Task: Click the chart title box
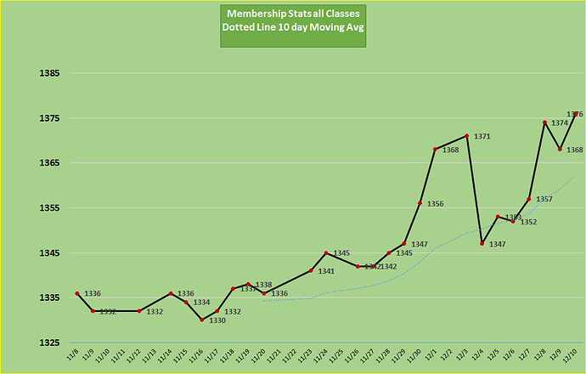click(x=293, y=25)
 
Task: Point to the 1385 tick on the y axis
click(x=48, y=73)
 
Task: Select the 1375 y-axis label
click(x=48, y=118)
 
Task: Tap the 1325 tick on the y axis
click(x=48, y=343)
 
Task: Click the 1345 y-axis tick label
click(x=48, y=253)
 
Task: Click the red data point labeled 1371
click(x=467, y=136)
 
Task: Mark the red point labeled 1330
click(x=201, y=320)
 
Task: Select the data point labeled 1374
click(x=544, y=122)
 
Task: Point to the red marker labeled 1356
click(x=420, y=203)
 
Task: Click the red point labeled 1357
click(x=529, y=199)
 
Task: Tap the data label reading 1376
click(x=575, y=114)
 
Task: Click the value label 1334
click(x=201, y=303)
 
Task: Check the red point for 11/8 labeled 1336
click(x=77, y=293)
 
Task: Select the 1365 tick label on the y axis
click(x=48, y=163)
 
